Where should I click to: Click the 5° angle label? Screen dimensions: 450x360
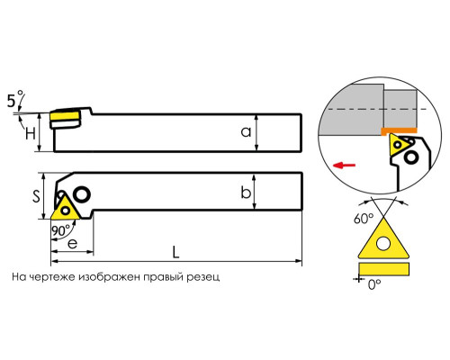(15, 99)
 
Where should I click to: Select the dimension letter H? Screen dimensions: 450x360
(31, 133)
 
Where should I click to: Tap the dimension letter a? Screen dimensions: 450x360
(246, 132)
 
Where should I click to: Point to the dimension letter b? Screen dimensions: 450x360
(246, 192)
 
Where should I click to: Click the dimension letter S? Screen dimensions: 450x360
(36, 196)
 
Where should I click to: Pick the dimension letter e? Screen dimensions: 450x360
(73, 244)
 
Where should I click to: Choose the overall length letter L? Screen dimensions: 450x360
(175, 252)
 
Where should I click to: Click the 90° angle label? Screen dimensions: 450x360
(60, 230)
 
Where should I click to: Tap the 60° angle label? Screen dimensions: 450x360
(364, 219)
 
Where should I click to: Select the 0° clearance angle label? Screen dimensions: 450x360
(374, 283)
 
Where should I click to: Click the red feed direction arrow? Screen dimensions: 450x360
(344, 165)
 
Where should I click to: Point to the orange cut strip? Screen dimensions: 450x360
(399, 130)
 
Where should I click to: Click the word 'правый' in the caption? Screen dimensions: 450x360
(163, 276)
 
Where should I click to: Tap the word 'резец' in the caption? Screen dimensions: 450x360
(203, 277)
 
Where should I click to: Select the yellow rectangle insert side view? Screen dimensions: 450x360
(383, 269)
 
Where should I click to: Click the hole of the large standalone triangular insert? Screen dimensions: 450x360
(383, 244)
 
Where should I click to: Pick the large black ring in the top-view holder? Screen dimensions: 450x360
(81, 194)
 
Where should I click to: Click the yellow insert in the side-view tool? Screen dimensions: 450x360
(65, 116)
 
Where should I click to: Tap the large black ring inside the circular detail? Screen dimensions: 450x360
(411, 157)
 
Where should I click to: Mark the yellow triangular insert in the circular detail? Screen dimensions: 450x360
(399, 145)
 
